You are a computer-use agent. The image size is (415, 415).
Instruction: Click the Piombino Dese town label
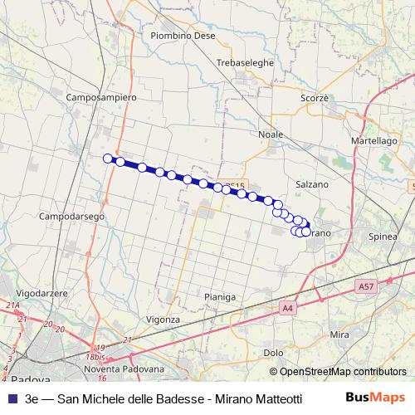pyautogui.click(x=183, y=36)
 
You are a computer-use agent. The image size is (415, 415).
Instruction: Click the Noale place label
pyautogui.click(x=271, y=134)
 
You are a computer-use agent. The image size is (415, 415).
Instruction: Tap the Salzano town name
pyautogui.click(x=312, y=183)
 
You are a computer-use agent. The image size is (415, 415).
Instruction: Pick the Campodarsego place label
pyautogui.click(x=71, y=216)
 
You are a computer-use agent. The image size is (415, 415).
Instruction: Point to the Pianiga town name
pyautogui.click(x=219, y=296)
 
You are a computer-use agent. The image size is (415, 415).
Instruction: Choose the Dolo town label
pyautogui.click(x=273, y=352)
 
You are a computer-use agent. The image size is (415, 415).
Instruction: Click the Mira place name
pyautogui.click(x=339, y=334)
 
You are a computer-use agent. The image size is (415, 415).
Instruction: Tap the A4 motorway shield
pyautogui.click(x=288, y=308)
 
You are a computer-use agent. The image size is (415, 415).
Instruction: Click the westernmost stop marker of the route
pyautogui.click(x=107, y=159)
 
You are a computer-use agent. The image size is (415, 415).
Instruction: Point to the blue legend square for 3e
pyautogui.click(x=11, y=398)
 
